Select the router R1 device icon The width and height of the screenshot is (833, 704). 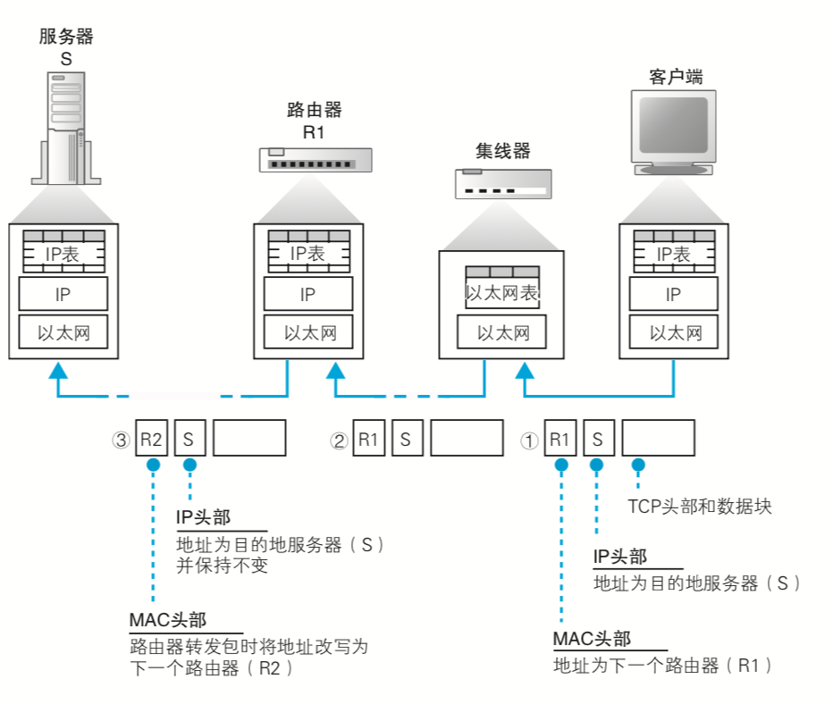[x=316, y=160]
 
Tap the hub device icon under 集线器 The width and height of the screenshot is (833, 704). [x=502, y=183]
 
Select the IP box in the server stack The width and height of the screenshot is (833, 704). [x=63, y=294]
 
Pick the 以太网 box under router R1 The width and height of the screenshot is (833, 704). [x=308, y=333]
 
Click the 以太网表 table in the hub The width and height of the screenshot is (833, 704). [x=502, y=288]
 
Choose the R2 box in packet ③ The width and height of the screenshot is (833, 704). [x=151, y=438]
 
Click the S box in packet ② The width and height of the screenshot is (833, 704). [x=406, y=439]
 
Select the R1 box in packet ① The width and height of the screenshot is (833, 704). [x=560, y=439]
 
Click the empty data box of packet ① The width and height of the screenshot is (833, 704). [x=658, y=439]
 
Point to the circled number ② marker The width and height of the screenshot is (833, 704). [x=339, y=440]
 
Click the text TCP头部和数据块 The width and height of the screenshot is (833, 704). [x=699, y=507]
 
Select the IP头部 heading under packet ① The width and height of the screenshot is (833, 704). [x=620, y=557]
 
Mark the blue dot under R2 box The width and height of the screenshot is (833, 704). [x=153, y=465]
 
